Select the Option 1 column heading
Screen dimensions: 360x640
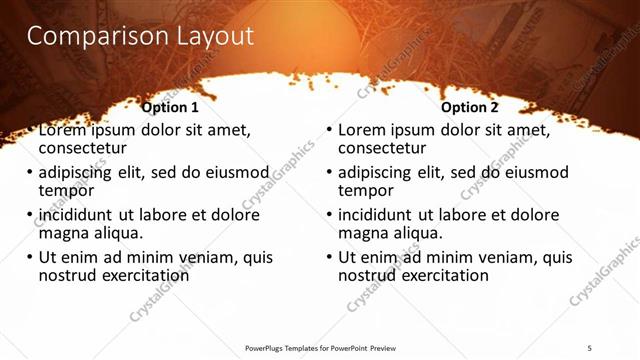click(170, 107)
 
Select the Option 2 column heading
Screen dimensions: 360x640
click(470, 107)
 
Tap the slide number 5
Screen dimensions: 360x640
click(590, 348)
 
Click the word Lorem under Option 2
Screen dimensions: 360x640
click(363, 130)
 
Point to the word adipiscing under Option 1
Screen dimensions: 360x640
click(79, 172)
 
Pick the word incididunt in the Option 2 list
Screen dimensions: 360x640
click(378, 215)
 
